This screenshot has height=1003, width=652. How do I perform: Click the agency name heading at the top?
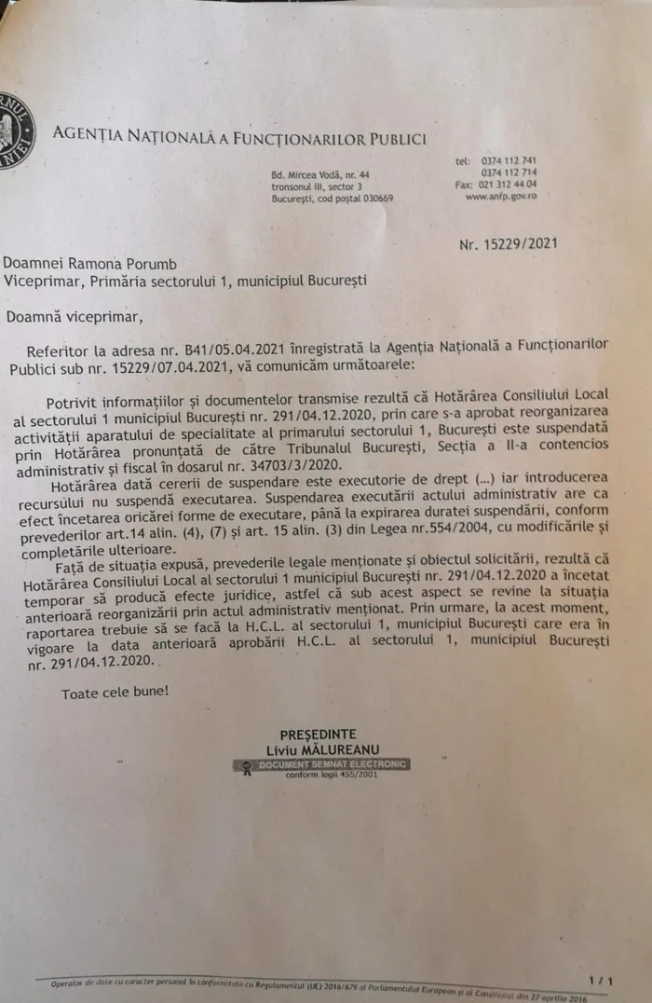point(239,138)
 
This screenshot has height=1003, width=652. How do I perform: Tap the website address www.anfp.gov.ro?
point(500,197)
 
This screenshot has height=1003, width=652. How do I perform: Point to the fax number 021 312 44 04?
point(509,185)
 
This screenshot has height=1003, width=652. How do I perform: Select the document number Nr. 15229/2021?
point(509,244)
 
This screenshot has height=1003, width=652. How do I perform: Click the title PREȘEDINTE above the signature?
point(318,734)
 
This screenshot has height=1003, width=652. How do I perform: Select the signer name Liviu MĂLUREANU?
point(319,749)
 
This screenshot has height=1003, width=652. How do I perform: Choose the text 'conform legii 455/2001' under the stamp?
point(319,775)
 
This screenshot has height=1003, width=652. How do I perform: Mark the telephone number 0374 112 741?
point(509,160)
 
